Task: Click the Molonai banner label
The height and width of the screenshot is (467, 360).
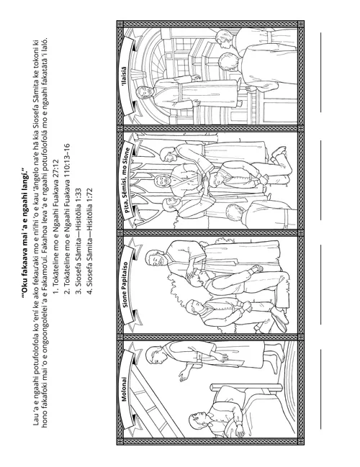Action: [x=125, y=389]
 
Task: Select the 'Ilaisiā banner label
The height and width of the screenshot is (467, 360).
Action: [x=124, y=77]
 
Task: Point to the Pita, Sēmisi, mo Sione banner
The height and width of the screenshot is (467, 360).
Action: [x=127, y=178]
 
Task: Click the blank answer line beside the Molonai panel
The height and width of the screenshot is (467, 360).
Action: [x=320, y=389]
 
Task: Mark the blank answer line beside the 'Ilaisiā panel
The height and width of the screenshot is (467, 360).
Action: [x=320, y=72]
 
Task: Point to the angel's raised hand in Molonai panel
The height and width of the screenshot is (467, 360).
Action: [x=182, y=376]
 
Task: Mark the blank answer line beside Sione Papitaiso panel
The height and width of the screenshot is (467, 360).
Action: [x=320, y=284]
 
